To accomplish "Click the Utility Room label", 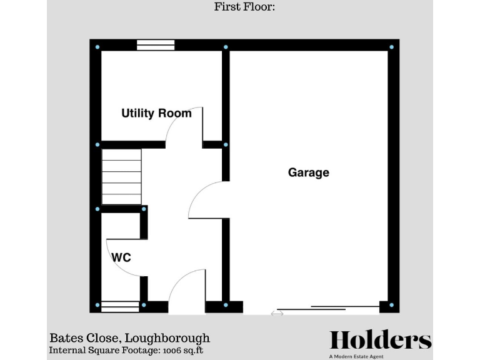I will click(x=156, y=113).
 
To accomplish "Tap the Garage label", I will click(x=308, y=172).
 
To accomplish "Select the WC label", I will click(x=121, y=257).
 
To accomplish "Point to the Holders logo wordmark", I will click(x=381, y=340).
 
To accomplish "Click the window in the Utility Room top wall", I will click(x=156, y=44).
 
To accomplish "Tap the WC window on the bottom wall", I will click(x=120, y=306).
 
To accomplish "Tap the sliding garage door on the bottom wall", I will click(x=328, y=307).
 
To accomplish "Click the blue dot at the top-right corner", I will click(x=392, y=47).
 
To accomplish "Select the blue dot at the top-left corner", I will click(x=97, y=47).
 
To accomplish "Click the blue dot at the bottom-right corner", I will click(x=392, y=305).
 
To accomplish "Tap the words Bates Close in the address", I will click(x=80, y=338).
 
